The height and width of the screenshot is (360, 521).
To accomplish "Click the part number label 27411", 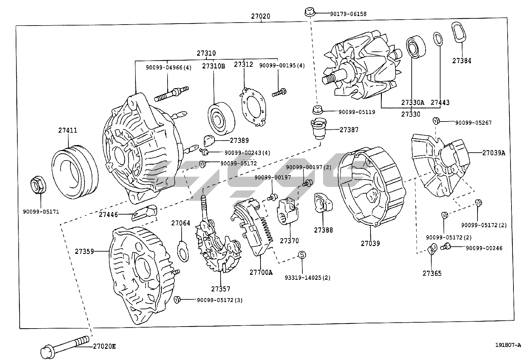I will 68,130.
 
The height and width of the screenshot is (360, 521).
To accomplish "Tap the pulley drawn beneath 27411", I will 75,173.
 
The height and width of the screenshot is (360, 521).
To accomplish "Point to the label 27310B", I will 213,66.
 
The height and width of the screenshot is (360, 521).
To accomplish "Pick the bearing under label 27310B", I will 222,119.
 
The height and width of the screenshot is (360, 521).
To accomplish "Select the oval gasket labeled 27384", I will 458,32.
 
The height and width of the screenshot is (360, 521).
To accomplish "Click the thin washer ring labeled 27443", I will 438,39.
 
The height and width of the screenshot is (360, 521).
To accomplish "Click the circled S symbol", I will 302,255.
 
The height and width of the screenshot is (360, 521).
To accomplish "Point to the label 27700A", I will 261,272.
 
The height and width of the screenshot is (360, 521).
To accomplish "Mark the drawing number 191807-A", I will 507,345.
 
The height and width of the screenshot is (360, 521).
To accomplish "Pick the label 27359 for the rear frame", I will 84,251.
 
